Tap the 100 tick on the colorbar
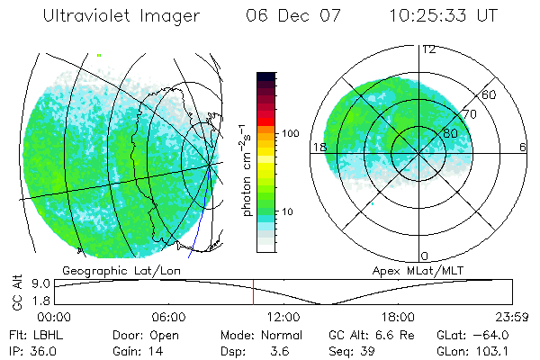tap(290, 133)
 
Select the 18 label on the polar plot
tap(318, 147)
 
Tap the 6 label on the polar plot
tap(522, 147)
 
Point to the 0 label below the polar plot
tap(426, 256)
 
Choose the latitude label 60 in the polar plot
tap(490, 94)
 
